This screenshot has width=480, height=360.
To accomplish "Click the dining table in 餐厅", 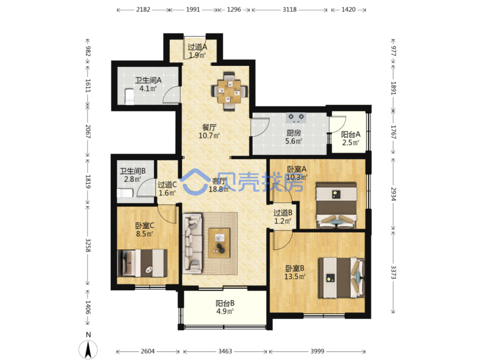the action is [x=229, y=92].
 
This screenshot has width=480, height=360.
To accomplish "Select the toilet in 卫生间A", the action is [x=129, y=97].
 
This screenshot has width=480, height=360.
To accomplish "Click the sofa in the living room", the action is [x=192, y=243].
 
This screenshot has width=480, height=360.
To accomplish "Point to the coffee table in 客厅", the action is [x=219, y=243].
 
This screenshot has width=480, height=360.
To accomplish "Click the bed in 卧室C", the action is [x=142, y=263].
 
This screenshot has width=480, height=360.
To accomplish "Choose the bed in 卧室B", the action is [x=342, y=277].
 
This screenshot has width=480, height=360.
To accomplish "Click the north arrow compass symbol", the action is [x=88, y=350].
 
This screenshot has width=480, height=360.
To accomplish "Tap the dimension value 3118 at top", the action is [x=289, y=10].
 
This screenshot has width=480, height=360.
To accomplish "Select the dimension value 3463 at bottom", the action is [x=225, y=351].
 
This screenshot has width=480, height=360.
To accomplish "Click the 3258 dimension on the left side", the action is [x=88, y=245].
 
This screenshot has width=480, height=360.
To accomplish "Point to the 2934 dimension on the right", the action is [x=393, y=194].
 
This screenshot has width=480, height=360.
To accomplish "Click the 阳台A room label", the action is [x=350, y=134].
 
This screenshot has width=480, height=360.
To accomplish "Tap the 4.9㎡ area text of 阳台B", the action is [x=225, y=311].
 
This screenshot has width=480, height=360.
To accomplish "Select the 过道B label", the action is [x=282, y=212].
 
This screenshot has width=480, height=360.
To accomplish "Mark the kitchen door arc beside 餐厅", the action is [x=260, y=127].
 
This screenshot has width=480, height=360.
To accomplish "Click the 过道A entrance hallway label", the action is [x=197, y=47].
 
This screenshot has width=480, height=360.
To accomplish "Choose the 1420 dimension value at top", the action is [x=348, y=10].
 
